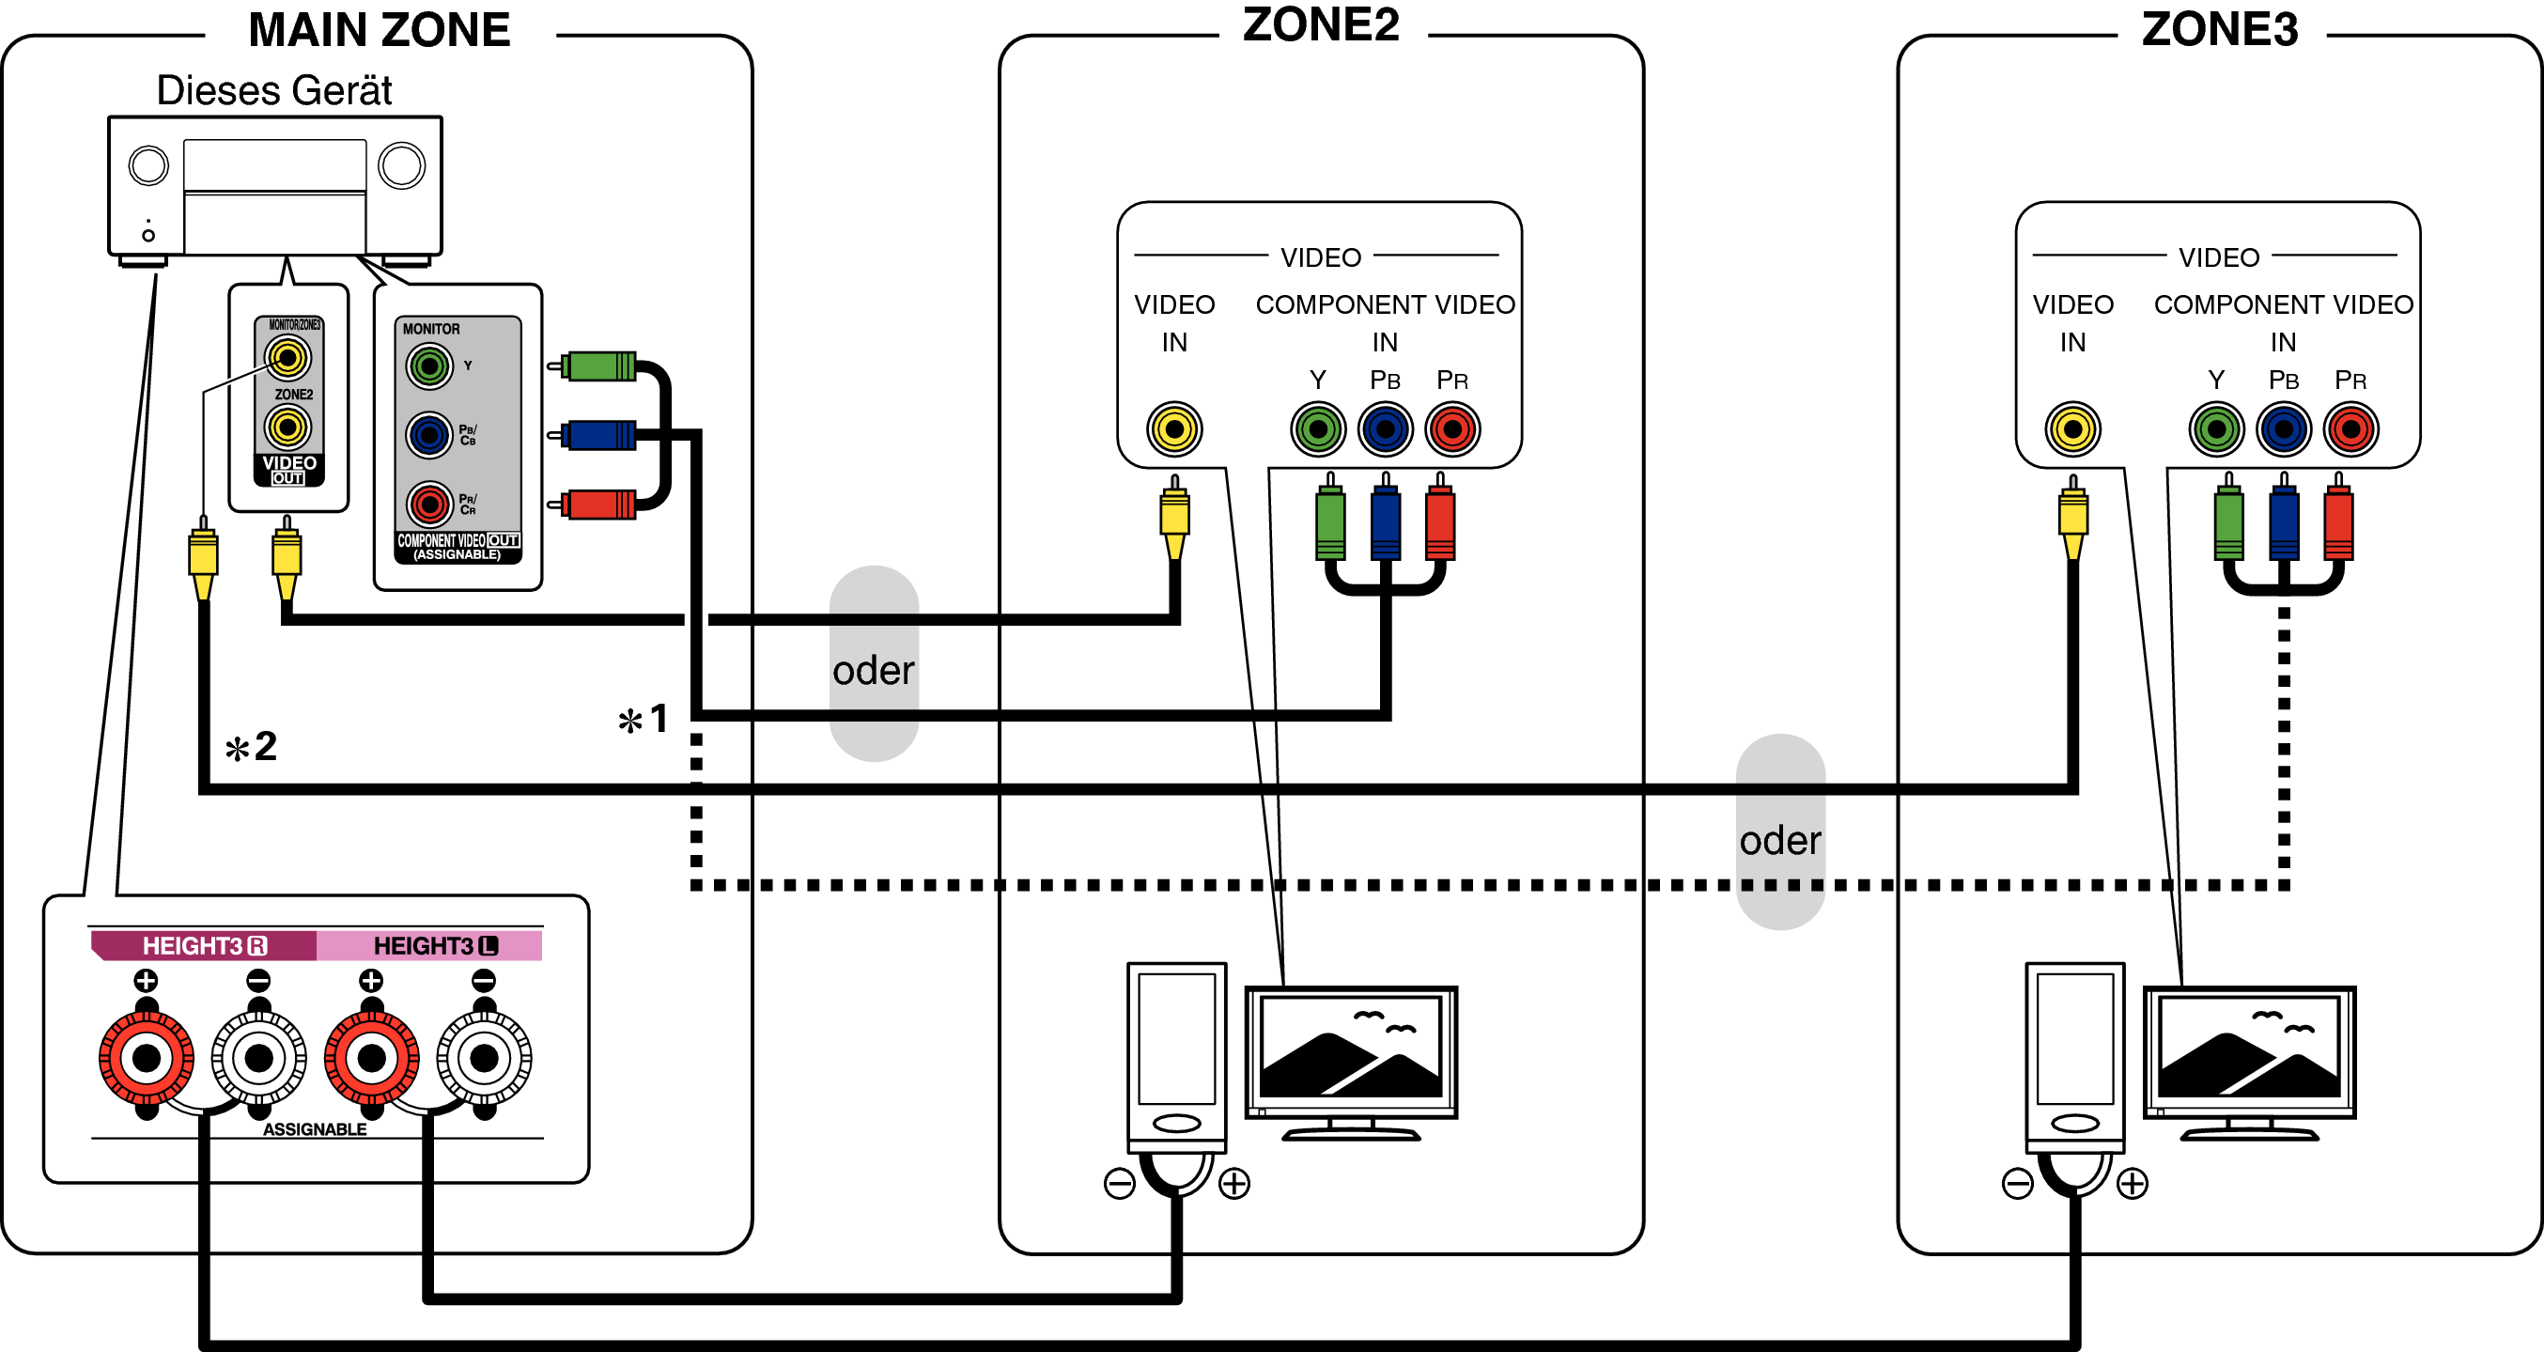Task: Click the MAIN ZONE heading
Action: click(380, 30)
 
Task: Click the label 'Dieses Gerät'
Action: click(273, 91)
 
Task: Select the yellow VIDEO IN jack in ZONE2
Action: click(1173, 428)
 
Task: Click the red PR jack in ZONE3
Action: click(2350, 428)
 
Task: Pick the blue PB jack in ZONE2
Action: click(1385, 428)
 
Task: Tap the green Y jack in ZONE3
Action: click(2216, 428)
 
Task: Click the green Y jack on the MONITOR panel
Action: click(428, 367)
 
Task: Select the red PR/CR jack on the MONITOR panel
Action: click(428, 505)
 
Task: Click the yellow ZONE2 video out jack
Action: click(287, 427)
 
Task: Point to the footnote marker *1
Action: click(644, 720)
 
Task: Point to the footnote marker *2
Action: click(251, 748)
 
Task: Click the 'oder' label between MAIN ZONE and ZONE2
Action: click(873, 671)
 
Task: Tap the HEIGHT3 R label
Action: click(204, 945)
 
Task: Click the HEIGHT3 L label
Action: click(435, 945)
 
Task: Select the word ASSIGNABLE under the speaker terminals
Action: click(314, 1128)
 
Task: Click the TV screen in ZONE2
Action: click(1350, 1051)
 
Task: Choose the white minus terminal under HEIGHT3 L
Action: click(484, 1058)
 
